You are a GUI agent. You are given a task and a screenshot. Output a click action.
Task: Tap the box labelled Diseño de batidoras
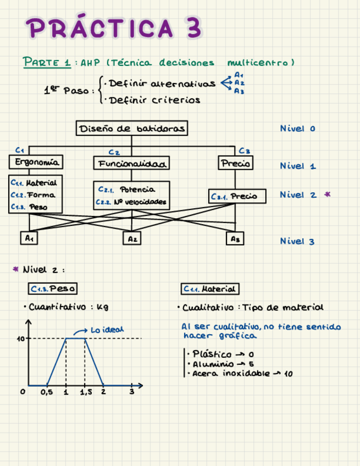(x=131, y=129)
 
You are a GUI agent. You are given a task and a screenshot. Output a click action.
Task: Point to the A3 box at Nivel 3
(x=235, y=239)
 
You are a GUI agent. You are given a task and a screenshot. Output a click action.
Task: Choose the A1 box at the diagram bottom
(x=29, y=238)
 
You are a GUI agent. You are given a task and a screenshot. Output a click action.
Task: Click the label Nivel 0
(x=297, y=129)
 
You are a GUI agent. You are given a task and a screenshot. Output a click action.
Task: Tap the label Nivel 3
(x=297, y=241)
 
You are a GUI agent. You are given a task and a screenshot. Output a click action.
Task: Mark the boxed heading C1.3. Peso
(x=53, y=289)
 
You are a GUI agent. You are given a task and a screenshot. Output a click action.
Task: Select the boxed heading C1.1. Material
(x=210, y=289)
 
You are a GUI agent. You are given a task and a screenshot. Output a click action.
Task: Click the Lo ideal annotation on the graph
(x=107, y=330)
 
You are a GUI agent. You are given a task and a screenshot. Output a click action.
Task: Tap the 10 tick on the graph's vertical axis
(x=21, y=339)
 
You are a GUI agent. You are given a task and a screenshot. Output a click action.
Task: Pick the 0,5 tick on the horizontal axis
(x=47, y=393)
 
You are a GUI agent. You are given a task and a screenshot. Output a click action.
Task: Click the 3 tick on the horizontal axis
(x=131, y=392)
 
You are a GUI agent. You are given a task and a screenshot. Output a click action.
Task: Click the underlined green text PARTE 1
(x=47, y=62)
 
